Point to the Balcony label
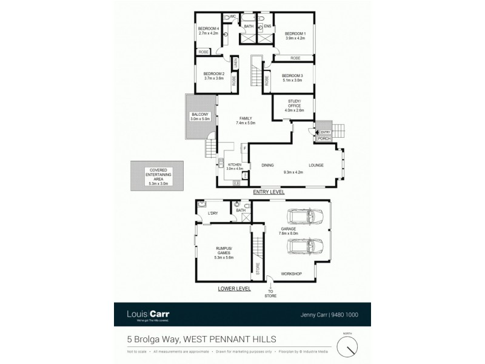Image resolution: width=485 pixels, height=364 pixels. pyautogui.click(x=199, y=116)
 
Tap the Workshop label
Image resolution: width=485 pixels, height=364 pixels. pyautogui.click(x=291, y=274)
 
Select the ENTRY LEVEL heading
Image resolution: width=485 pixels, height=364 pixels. pyautogui.click(x=269, y=192)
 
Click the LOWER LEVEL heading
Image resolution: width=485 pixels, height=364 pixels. pyautogui.click(x=233, y=289)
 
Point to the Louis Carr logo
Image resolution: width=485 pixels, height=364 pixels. pyautogui.click(x=148, y=314)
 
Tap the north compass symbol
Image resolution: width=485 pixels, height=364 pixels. pyautogui.click(x=348, y=346)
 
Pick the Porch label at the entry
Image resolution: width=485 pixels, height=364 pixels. pyautogui.click(x=324, y=138)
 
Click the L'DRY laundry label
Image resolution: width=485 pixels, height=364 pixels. pyautogui.click(x=213, y=214)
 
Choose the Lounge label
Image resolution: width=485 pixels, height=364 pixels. pyautogui.click(x=316, y=165)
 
